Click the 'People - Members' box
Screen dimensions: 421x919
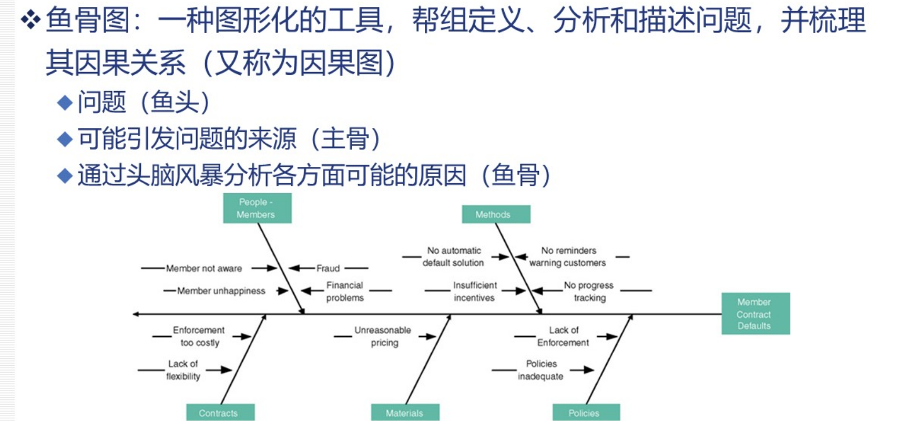click(x=257, y=208)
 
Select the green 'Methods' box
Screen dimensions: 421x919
click(x=496, y=214)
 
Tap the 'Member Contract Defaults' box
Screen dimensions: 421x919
click(x=755, y=314)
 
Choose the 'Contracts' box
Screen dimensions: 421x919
click(x=220, y=413)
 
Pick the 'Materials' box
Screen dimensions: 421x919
click(x=405, y=413)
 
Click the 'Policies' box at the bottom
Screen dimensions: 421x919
click(x=586, y=413)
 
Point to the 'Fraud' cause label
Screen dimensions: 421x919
click(x=328, y=268)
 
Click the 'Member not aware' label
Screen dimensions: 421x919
click(x=204, y=268)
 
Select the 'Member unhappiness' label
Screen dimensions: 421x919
click(x=221, y=291)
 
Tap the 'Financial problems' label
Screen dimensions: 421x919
click(x=345, y=292)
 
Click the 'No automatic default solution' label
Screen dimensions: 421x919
click(x=453, y=257)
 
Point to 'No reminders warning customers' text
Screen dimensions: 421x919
click(x=568, y=257)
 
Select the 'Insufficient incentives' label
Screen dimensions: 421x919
click(x=475, y=292)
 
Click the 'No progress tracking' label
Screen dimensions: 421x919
click(x=589, y=292)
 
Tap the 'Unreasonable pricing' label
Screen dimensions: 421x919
click(x=383, y=336)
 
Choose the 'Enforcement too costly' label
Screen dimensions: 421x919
click(x=199, y=336)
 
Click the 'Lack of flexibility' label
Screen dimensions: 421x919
click(x=183, y=370)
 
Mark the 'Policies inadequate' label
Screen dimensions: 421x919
click(x=541, y=370)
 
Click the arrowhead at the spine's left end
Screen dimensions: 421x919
click(x=136, y=314)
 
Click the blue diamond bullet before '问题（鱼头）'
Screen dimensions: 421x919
click(x=65, y=102)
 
